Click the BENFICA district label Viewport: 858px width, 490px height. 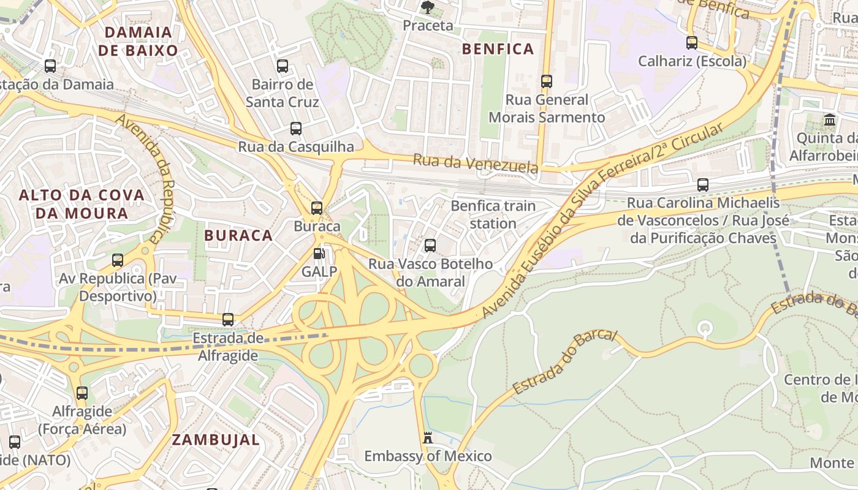pyautogui.click(x=498, y=49)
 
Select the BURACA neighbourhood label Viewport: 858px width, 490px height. pyautogui.click(x=238, y=235)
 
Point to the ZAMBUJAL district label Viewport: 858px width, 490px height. pyautogui.click(x=216, y=439)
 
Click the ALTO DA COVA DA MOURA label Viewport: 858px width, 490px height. pyautogui.click(x=82, y=204)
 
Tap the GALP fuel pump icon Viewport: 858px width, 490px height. pyautogui.click(x=319, y=254)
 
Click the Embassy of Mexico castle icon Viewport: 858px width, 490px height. pyautogui.click(x=428, y=438)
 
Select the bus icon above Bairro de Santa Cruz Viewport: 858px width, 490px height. pyautogui.click(x=283, y=66)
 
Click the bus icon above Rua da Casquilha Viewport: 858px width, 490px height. pyautogui.click(x=296, y=129)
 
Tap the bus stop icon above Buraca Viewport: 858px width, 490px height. pyautogui.click(x=317, y=208)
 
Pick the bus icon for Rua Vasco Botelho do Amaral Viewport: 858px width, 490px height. pyautogui.click(x=430, y=246)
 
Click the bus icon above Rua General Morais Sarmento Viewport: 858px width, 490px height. pyautogui.click(x=547, y=81)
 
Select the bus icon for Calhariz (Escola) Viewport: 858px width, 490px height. pyautogui.click(x=692, y=43)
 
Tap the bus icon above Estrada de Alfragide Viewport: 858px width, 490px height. pyautogui.click(x=228, y=320)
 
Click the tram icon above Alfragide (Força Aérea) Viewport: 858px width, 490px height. pyautogui.click(x=82, y=393)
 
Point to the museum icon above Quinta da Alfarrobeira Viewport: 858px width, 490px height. pyautogui.click(x=830, y=120)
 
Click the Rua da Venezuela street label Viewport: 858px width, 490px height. pyautogui.click(x=476, y=164)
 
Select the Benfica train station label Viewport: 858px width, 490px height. pyautogui.click(x=493, y=214)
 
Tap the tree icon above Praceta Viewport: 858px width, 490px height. pyautogui.click(x=427, y=7)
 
